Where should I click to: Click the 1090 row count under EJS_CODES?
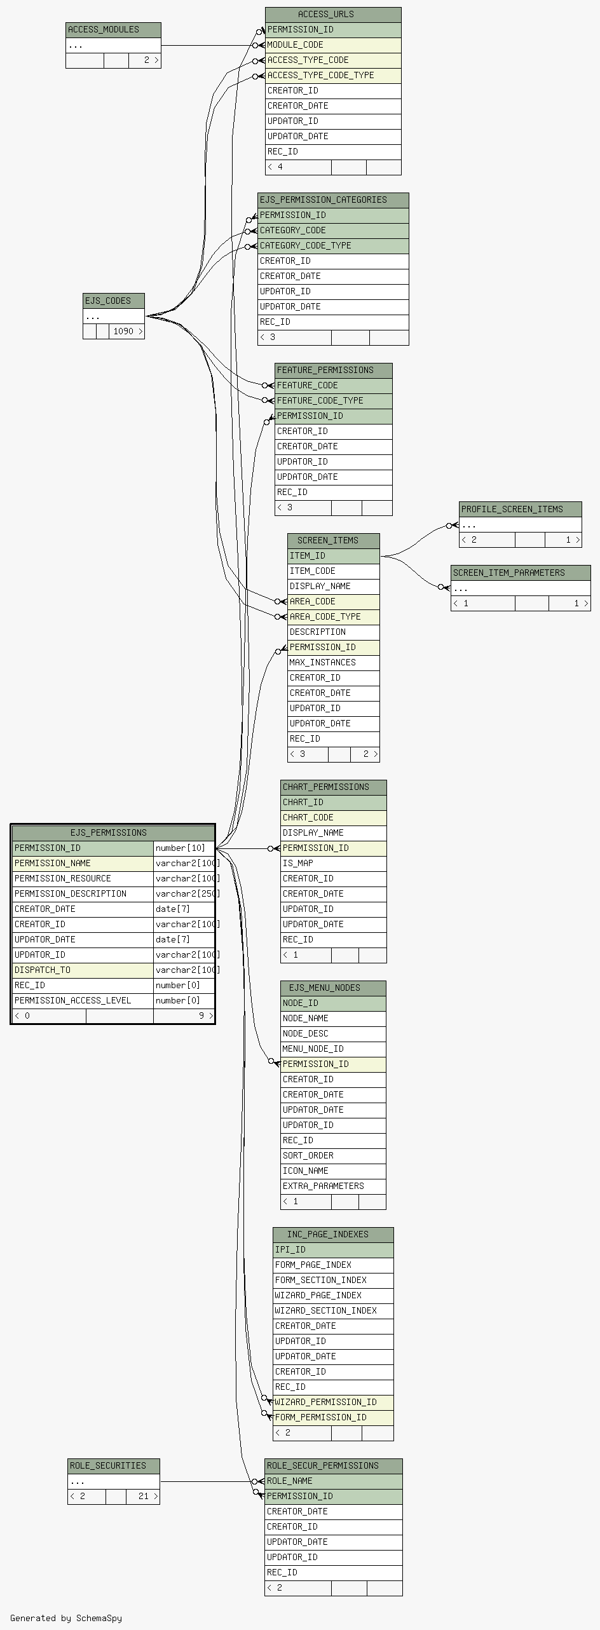[124, 332]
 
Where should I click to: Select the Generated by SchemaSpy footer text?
[66, 1618]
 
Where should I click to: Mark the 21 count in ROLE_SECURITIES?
[144, 1497]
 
